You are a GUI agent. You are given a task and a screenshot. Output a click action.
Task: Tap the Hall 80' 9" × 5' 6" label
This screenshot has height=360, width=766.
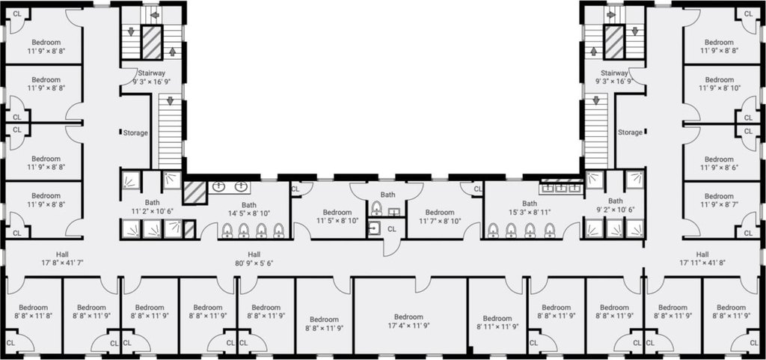[254, 258]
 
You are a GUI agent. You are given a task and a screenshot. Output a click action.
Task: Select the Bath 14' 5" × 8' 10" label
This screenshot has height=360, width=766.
[248, 209]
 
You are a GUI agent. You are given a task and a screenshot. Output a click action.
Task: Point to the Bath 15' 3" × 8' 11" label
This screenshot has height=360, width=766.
[530, 207]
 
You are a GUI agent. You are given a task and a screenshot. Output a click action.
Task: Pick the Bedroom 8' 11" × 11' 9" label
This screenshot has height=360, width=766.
[497, 323]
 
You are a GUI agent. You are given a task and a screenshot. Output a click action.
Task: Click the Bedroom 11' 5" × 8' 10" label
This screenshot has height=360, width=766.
[337, 216]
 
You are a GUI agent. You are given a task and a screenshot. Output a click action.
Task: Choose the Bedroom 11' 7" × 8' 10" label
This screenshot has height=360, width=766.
[440, 216]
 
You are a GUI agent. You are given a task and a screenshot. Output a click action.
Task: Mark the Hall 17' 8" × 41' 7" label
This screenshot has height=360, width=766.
[62, 258]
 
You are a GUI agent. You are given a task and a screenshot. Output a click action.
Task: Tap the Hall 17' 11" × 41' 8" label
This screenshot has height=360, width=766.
[702, 258]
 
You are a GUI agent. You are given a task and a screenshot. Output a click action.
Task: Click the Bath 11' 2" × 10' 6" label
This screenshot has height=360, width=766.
[152, 207]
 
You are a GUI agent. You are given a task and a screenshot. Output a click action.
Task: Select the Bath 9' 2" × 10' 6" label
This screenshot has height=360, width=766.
[615, 205]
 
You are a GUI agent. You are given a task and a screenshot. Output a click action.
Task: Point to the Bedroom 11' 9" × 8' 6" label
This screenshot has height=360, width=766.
[719, 163]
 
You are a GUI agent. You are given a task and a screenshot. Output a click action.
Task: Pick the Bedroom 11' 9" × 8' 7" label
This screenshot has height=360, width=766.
[719, 201]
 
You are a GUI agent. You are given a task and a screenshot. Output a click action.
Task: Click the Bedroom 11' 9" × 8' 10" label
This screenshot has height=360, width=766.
[719, 84]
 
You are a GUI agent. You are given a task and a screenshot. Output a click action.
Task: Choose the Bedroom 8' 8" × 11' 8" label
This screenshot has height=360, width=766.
[33, 311]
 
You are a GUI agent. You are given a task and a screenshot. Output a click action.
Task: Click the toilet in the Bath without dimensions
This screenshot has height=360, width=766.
[376, 209]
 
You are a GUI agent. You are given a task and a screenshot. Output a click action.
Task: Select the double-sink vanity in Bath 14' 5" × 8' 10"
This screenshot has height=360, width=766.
[230, 186]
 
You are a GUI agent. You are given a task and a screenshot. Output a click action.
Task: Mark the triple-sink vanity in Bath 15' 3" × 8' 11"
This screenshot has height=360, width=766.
[561, 186]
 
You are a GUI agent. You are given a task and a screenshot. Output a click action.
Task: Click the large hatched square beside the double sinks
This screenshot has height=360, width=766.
[195, 192]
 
